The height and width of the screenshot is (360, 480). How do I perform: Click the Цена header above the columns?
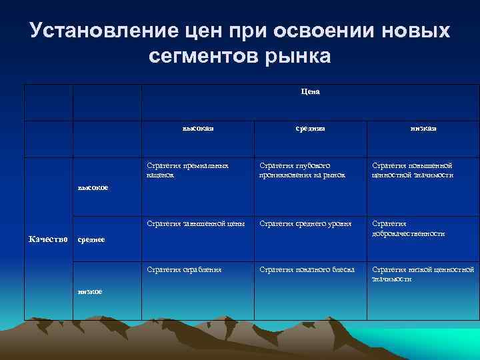[310, 91]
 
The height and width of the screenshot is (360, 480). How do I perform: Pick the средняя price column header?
[310, 129]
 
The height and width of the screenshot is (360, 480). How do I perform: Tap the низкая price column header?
[423, 129]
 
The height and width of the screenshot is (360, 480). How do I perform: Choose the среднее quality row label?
[92, 239]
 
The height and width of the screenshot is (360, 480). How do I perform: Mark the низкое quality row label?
[90, 291]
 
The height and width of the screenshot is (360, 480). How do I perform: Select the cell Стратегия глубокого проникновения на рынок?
[303, 170]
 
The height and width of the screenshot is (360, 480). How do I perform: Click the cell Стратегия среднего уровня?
[305, 223]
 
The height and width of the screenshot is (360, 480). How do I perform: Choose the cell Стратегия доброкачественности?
[408, 229]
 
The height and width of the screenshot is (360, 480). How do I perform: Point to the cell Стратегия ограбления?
[184, 269]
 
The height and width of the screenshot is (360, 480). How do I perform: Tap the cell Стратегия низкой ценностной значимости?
[423, 274]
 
